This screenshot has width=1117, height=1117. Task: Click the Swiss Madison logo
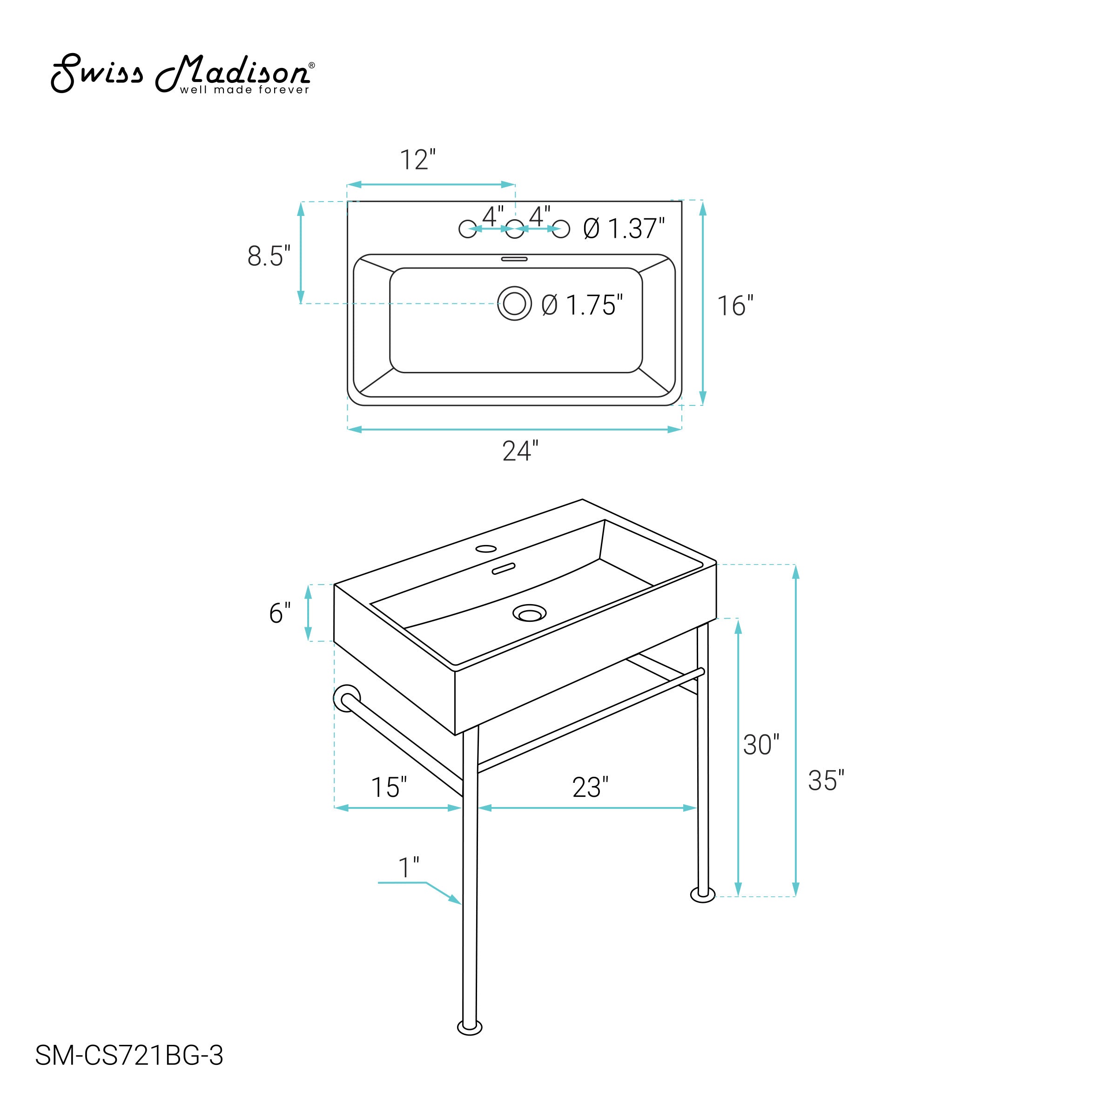pos(183,74)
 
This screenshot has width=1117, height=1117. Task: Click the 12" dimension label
pos(418,160)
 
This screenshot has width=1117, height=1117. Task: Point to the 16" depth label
pos(735,306)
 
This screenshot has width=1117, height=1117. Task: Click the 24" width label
pos(520,451)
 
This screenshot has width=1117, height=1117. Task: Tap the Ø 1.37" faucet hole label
pos(624,229)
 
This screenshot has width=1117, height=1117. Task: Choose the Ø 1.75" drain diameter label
pos(582,305)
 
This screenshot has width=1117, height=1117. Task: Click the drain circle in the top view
pos(514,303)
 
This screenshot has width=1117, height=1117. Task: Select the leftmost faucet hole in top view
pos(468,229)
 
